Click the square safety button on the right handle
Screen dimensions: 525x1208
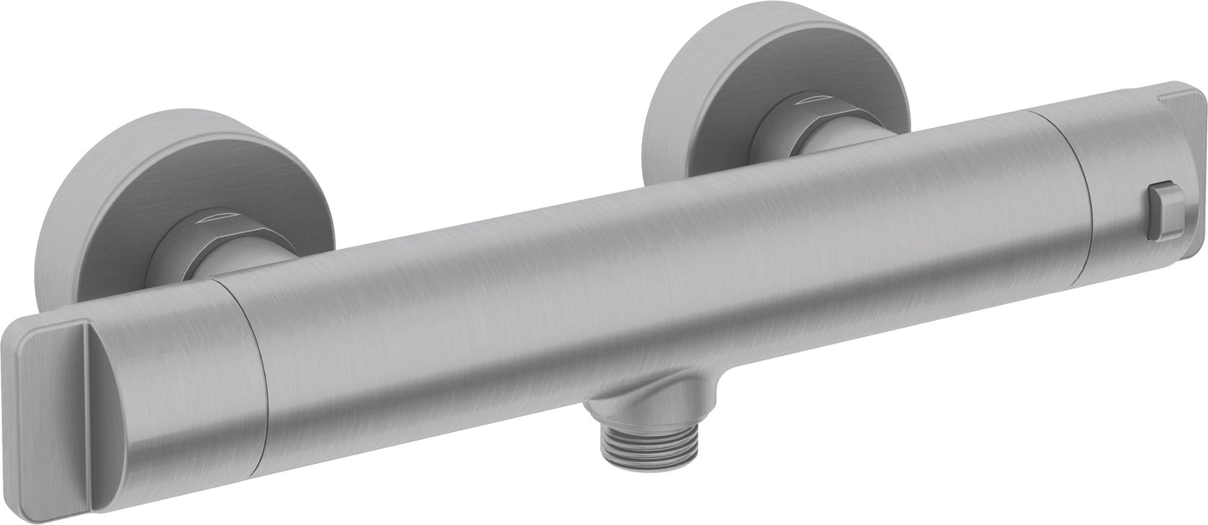pos(1165,212)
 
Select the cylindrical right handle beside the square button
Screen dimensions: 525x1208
pos(1104,192)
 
